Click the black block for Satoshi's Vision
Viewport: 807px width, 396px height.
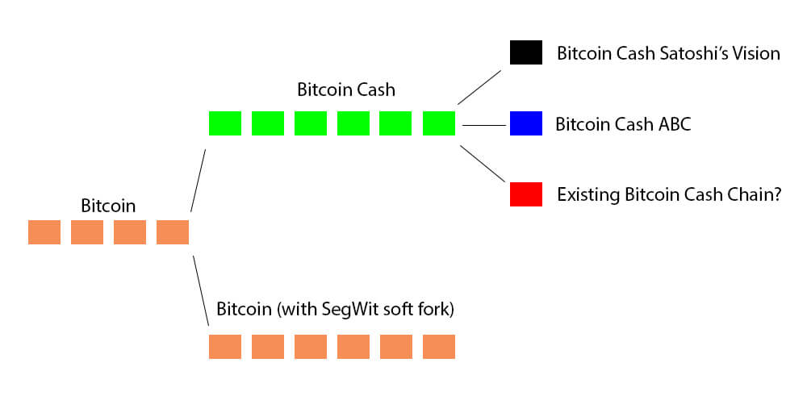[525, 53]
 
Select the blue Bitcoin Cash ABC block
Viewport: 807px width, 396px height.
[525, 123]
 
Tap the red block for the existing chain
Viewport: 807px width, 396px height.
[525, 194]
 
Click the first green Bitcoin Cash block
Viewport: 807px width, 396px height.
[224, 123]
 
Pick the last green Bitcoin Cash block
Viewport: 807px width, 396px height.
[438, 123]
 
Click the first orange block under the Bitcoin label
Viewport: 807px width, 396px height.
[44, 232]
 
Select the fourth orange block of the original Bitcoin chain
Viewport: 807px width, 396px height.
[172, 232]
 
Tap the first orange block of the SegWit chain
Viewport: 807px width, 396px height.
[224, 347]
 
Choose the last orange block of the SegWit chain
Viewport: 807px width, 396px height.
[438, 347]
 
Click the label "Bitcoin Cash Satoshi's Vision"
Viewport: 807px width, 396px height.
[668, 54]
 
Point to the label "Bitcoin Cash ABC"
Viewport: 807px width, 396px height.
[623, 125]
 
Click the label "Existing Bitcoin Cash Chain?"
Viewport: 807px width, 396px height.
[668, 195]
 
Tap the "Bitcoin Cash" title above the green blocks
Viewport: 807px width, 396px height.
[346, 90]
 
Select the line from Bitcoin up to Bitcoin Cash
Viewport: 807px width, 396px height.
[199, 180]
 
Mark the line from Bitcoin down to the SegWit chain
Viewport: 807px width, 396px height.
[200, 290]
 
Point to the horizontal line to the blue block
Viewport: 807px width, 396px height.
[483, 125]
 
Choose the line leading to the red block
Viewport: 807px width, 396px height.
[483, 165]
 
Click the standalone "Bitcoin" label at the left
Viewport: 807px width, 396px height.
[108, 206]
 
